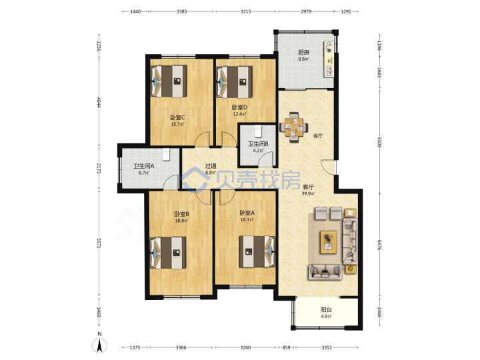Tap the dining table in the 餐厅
coord(294,127)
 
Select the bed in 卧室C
coord(169,81)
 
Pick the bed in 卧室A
coord(257,251)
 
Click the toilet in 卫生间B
coord(258,131)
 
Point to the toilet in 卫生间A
coord(166,155)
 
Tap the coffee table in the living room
coord(329,242)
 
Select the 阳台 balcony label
coord(326,310)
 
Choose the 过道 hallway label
coord(211,166)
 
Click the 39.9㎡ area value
coord(308,193)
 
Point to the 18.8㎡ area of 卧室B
coord(181,220)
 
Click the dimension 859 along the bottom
coord(286,347)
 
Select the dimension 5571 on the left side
coord(99,243)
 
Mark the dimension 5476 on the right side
coord(379,245)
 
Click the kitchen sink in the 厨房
coord(330,71)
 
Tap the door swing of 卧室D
coord(229,139)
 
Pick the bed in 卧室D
coord(235,81)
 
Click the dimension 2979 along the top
coord(306,11)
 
